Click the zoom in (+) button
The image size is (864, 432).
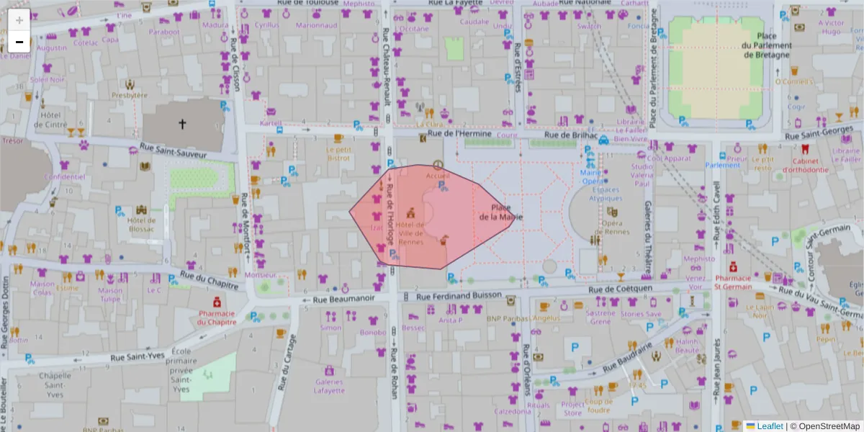click(x=19, y=20)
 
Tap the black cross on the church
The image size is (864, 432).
click(x=182, y=125)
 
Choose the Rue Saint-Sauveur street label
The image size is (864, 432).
click(x=174, y=152)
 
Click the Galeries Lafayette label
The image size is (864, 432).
click(x=329, y=386)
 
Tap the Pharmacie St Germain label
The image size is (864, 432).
click(x=734, y=282)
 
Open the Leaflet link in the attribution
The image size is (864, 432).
click(x=769, y=426)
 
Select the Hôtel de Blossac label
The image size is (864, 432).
click(x=142, y=224)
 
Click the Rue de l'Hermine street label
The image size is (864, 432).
click(x=459, y=134)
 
